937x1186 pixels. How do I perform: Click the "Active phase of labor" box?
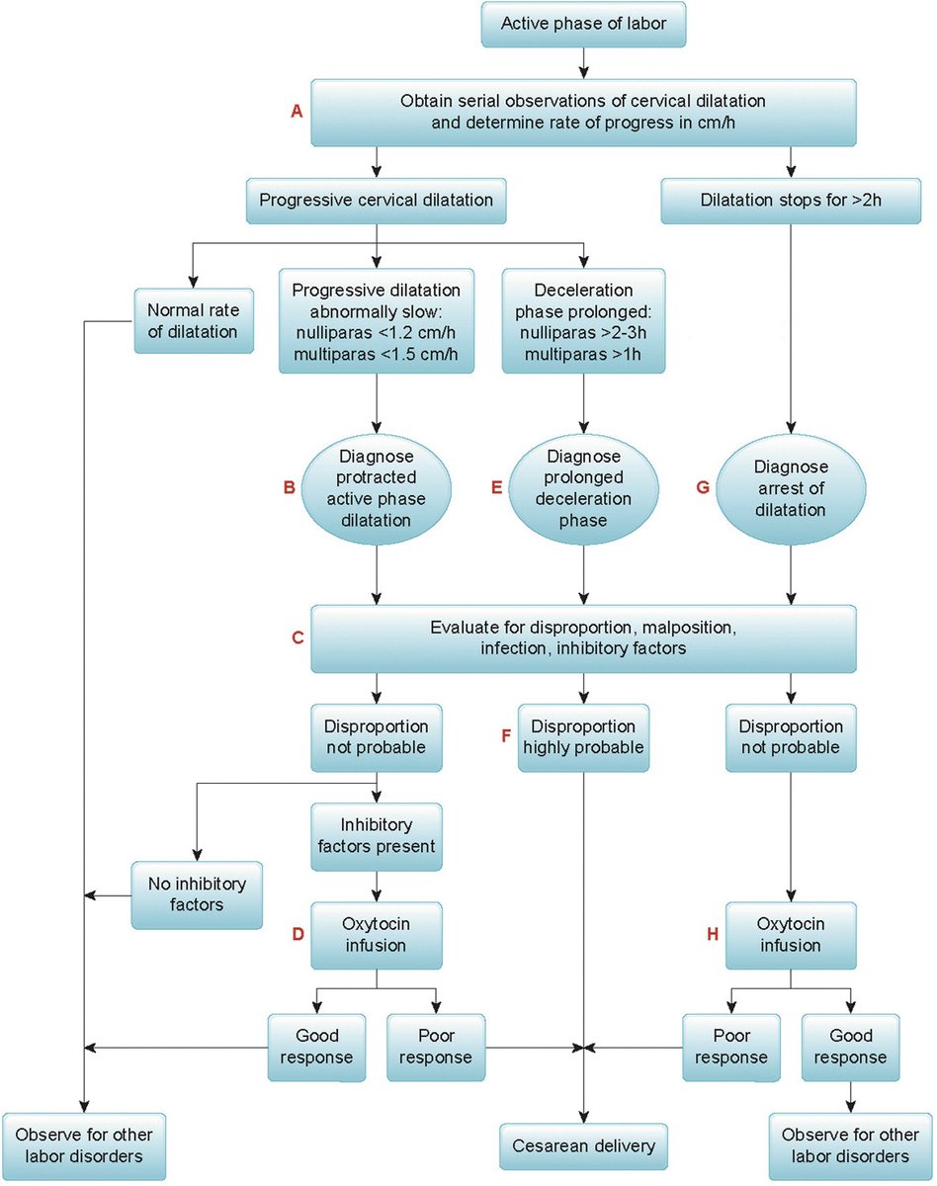(x=583, y=24)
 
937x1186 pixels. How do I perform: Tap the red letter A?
(x=296, y=112)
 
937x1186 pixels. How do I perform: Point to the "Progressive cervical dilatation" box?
(x=376, y=201)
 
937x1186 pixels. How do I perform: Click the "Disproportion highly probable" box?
(x=583, y=736)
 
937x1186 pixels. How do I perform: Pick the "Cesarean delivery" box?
(x=583, y=1146)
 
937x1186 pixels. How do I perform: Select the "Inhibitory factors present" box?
(x=376, y=835)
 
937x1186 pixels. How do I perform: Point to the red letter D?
(x=296, y=934)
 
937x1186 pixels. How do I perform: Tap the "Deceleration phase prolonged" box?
(x=583, y=320)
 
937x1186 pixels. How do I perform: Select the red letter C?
(x=296, y=638)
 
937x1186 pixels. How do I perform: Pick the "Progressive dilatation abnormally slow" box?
(x=376, y=320)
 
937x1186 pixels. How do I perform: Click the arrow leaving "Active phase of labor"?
(x=583, y=62)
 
